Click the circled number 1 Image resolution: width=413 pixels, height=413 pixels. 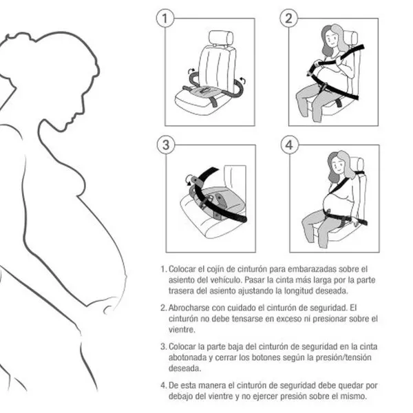165,18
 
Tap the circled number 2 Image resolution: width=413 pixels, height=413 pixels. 288,18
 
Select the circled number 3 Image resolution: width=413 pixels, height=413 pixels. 166,145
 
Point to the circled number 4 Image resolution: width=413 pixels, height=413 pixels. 290,145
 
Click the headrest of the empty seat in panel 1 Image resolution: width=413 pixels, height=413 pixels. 221,37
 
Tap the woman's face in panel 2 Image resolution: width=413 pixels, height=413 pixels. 331,39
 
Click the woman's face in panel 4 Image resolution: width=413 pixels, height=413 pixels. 337,165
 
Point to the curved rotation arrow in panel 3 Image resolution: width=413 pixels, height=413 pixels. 189,180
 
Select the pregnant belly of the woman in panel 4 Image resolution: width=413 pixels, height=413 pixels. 332,202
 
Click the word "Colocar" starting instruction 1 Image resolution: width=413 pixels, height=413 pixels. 182,269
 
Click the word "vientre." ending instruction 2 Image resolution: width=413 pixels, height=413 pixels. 182,330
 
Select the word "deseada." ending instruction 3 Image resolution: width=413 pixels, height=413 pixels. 185,368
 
